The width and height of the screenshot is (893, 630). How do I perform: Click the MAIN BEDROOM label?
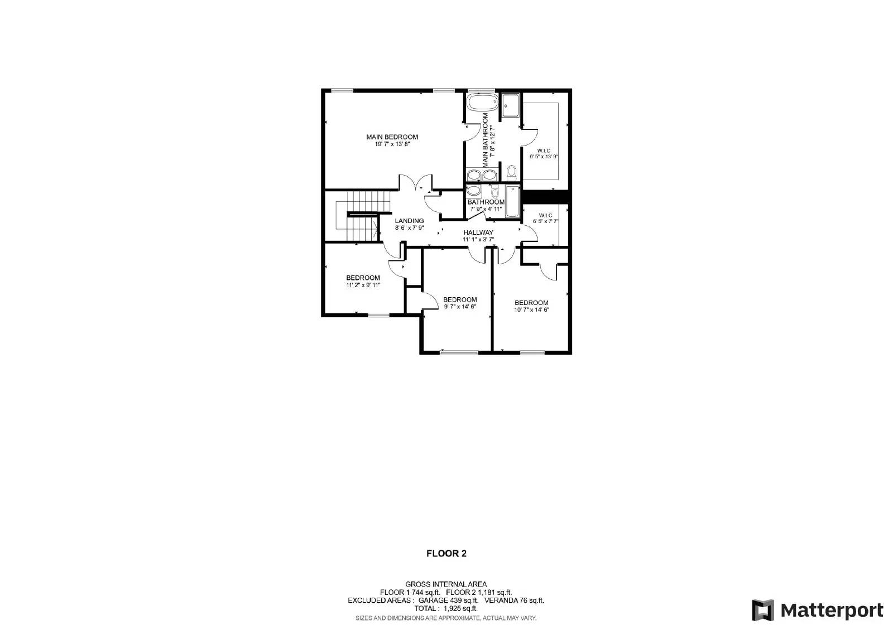click(392, 137)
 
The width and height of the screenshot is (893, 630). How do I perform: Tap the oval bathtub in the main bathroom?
click(482, 103)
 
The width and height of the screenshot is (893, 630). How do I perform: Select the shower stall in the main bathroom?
click(511, 105)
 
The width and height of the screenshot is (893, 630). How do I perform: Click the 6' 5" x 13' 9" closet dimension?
click(544, 157)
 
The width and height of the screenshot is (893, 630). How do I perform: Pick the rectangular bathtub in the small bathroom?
click(512, 200)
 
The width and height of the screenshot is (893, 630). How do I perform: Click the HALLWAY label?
click(478, 232)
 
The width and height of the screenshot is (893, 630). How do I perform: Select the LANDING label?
click(409, 221)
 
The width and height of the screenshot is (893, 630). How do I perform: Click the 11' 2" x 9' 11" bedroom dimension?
click(363, 285)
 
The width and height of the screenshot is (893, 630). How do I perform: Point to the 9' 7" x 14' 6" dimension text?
click(460, 306)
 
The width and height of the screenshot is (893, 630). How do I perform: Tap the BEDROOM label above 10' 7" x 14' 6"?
click(531, 303)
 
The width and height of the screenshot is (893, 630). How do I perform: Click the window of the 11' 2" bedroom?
click(378, 315)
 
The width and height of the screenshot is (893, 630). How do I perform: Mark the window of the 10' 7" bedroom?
click(532, 352)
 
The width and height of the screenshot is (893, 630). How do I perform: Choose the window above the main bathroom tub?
click(481, 90)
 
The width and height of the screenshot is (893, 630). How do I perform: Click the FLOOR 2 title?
click(446, 554)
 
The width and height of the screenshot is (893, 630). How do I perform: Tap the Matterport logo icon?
click(763, 610)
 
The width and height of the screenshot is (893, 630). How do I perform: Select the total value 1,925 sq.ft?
click(460, 609)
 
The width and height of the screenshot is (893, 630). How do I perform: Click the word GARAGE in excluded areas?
click(433, 600)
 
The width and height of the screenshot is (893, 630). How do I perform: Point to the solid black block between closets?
click(545, 196)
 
